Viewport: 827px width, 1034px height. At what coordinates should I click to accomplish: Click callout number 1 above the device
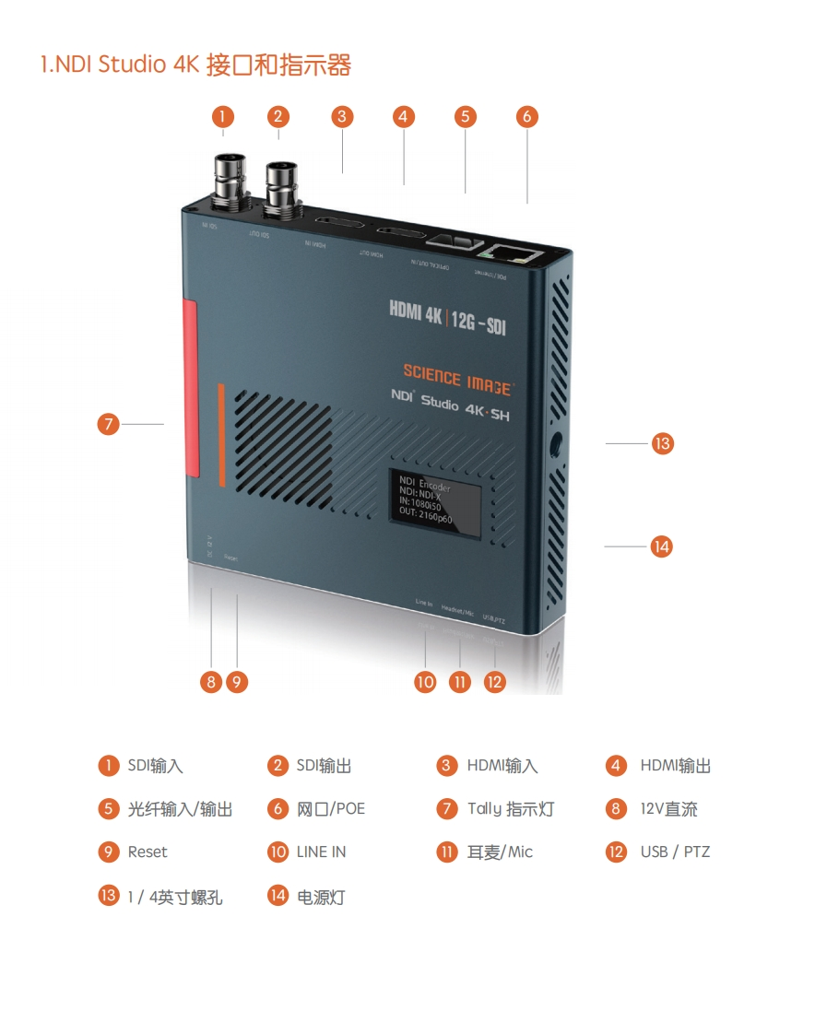[222, 116]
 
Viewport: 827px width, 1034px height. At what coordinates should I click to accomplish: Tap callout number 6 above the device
[526, 116]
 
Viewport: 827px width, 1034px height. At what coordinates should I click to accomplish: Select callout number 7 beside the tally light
[109, 424]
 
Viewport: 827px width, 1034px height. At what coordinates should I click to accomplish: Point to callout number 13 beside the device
[662, 443]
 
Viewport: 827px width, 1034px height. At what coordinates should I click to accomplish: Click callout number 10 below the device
[425, 681]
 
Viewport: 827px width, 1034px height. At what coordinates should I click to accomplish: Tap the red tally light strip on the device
[191, 387]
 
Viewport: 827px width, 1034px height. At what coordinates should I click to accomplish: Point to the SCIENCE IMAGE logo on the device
[457, 378]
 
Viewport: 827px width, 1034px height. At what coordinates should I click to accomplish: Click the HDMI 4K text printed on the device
[417, 313]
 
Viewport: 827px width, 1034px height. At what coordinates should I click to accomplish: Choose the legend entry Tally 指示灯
[510, 809]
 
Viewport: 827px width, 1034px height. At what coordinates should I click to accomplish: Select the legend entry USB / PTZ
[675, 852]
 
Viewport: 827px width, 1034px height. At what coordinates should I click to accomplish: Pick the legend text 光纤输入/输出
[180, 809]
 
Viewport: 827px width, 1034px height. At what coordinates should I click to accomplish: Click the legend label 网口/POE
[330, 809]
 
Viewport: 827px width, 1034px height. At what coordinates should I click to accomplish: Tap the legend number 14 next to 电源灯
[278, 896]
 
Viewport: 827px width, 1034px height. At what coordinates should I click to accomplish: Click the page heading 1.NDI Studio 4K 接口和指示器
[195, 65]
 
